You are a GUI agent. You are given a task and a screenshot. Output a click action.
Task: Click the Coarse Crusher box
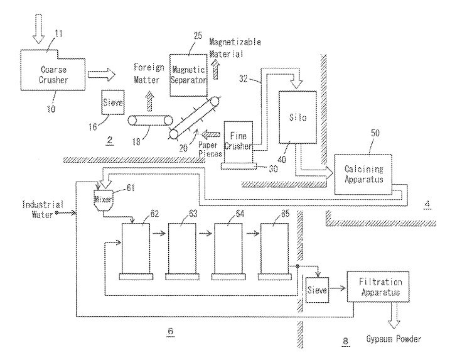point(53,75)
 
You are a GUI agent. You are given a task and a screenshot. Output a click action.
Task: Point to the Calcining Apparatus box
point(367,173)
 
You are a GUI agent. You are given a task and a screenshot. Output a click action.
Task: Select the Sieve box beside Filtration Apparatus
point(318,292)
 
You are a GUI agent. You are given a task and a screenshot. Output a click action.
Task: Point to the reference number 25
point(198,36)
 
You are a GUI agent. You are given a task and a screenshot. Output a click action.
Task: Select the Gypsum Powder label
point(394,339)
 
